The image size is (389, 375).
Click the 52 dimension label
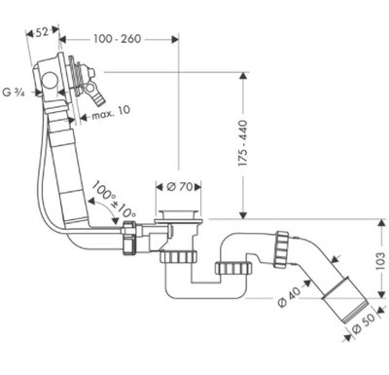[42, 32]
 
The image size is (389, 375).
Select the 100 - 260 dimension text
[118, 39]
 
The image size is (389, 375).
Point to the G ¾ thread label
[14, 93]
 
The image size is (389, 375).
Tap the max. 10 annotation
[111, 112]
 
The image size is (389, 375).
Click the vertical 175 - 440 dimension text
[243, 143]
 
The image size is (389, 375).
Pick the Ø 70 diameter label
[180, 187]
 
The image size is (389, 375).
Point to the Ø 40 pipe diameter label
[290, 296]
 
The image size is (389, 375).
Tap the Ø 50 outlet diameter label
[363, 322]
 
